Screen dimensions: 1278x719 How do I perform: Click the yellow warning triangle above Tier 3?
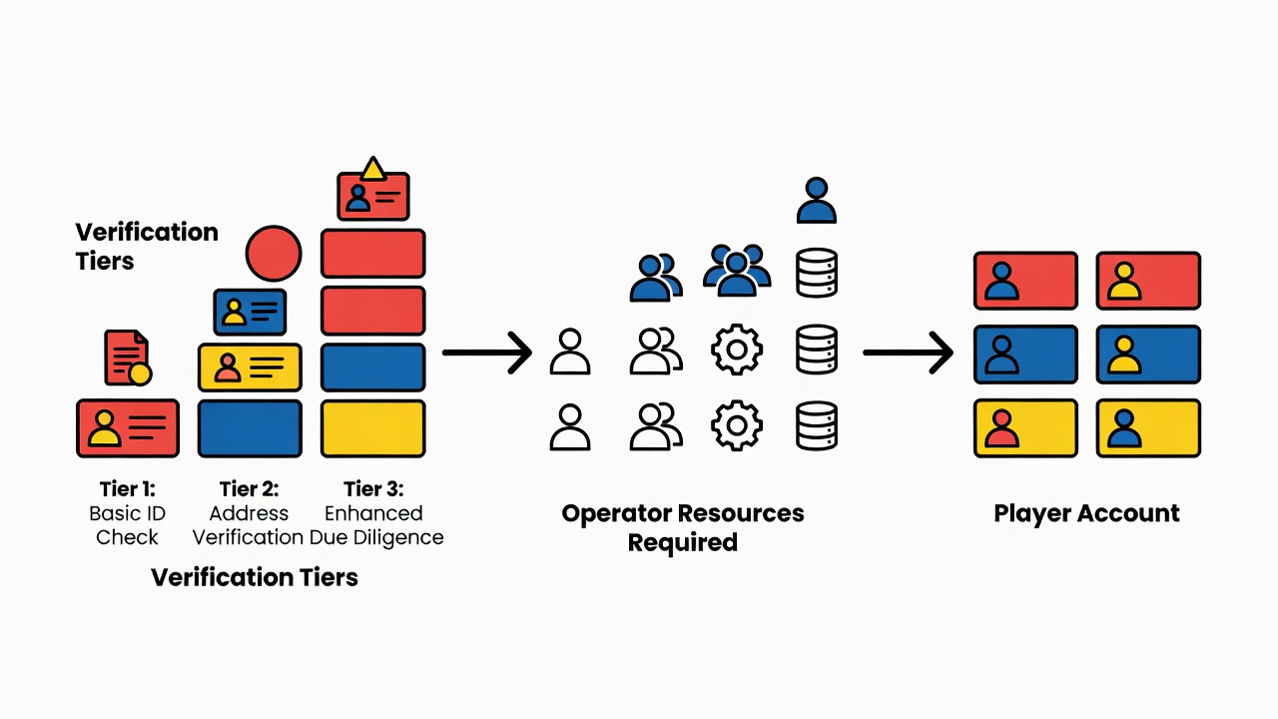point(373,169)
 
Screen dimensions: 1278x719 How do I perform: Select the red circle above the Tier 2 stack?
point(274,254)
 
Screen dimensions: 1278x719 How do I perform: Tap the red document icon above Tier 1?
point(128,358)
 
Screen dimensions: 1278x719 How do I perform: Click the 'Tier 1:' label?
point(127,489)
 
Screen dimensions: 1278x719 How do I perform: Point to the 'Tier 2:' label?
point(250,489)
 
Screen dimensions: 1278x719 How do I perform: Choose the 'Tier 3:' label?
point(373,489)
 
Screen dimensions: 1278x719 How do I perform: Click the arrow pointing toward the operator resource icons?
point(487,353)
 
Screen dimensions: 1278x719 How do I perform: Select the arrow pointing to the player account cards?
point(908,353)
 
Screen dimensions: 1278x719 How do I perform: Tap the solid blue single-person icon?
point(817,201)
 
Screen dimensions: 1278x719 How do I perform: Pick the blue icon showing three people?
point(737,271)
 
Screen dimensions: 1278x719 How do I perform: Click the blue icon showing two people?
point(656,278)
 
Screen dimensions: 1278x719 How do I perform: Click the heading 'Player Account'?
point(1086,513)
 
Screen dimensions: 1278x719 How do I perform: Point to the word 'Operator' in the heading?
point(614,513)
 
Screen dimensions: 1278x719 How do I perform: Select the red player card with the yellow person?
point(1148,281)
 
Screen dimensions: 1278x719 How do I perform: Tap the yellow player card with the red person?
point(1025,428)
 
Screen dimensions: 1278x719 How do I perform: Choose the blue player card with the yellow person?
point(1148,355)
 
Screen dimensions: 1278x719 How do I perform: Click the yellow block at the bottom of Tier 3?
point(373,428)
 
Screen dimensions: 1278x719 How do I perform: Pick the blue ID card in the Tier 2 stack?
point(250,313)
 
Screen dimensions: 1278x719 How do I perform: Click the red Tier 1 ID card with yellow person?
point(128,428)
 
